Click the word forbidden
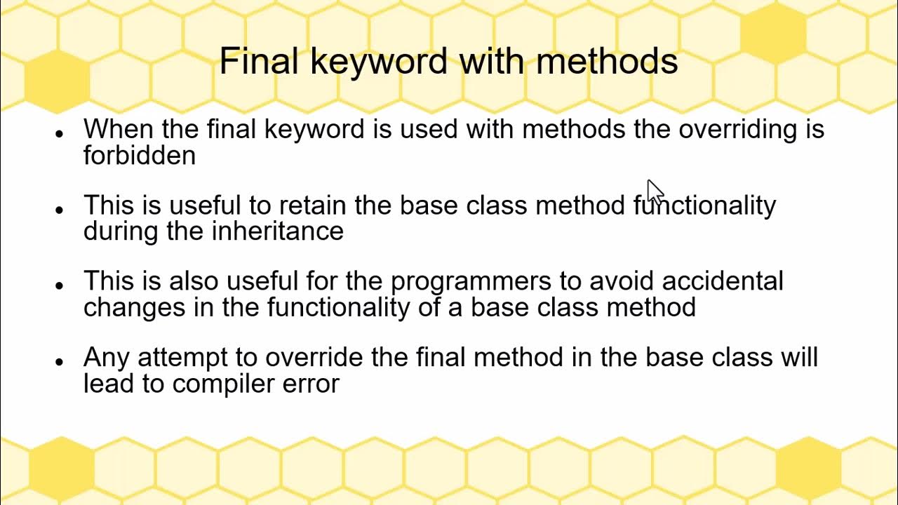139,155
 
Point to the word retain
314,206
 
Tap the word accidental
722,281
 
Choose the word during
121,231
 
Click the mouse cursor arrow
654,191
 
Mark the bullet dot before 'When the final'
60,133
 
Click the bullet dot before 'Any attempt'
60,361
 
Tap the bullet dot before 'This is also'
60,285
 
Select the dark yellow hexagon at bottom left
61,466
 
